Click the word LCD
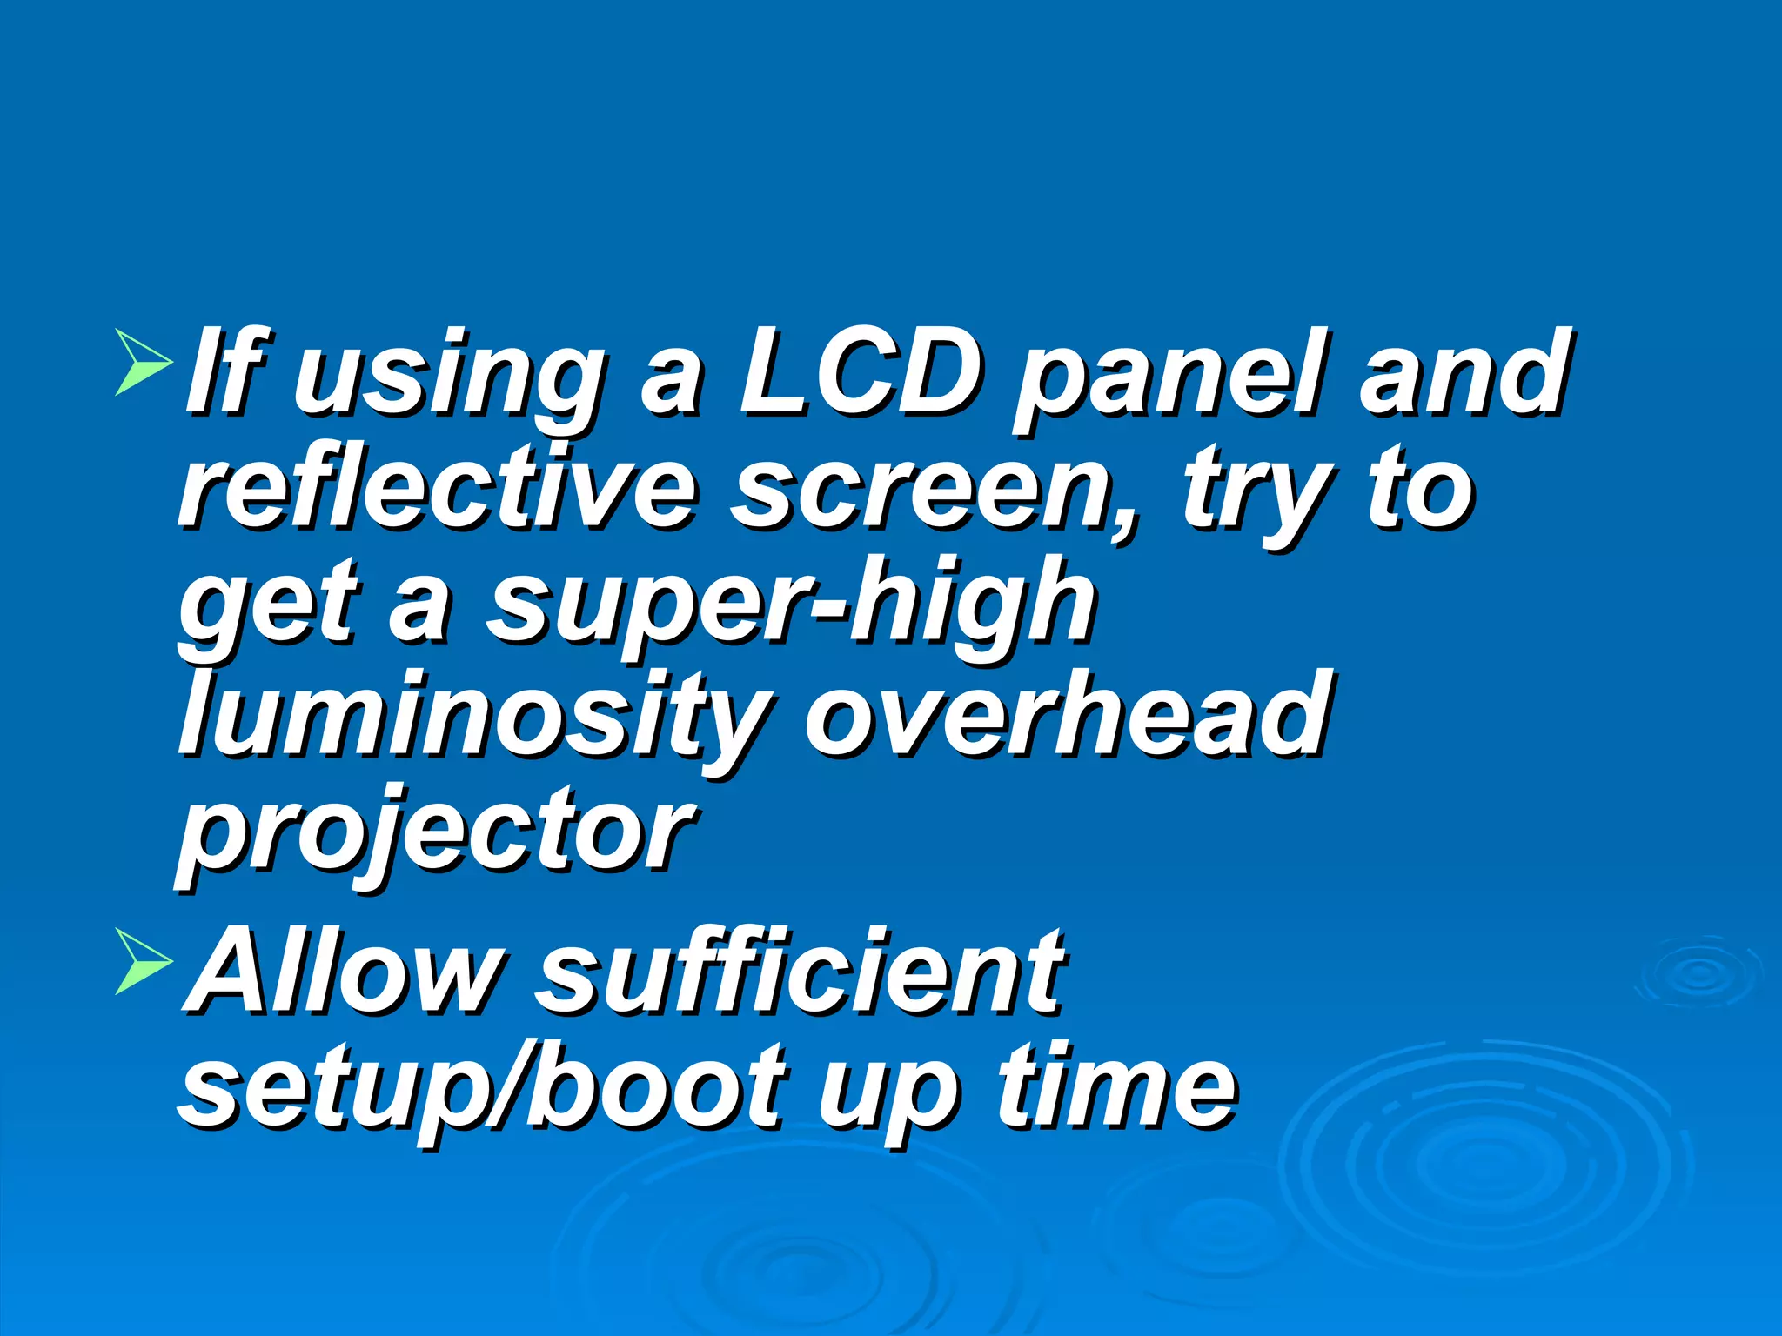pyautogui.click(x=856, y=374)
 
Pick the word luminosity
pyautogui.click(x=475, y=718)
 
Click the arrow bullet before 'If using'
pyautogui.click(x=143, y=361)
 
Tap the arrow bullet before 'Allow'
pyautogui.click(x=143, y=961)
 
